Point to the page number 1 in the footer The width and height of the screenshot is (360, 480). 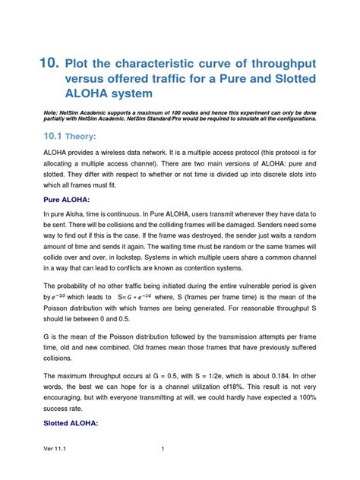163,470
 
